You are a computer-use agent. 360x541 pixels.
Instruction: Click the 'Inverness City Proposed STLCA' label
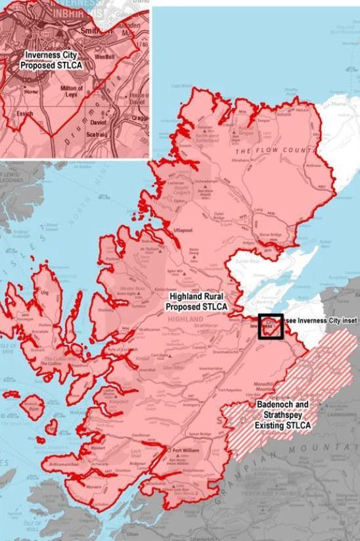(x=49, y=60)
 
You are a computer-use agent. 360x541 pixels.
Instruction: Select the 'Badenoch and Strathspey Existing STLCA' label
(x=282, y=417)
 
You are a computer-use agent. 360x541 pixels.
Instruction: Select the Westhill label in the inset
(x=87, y=57)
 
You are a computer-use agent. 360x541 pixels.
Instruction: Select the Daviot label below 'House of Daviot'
(x=99, y=122)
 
